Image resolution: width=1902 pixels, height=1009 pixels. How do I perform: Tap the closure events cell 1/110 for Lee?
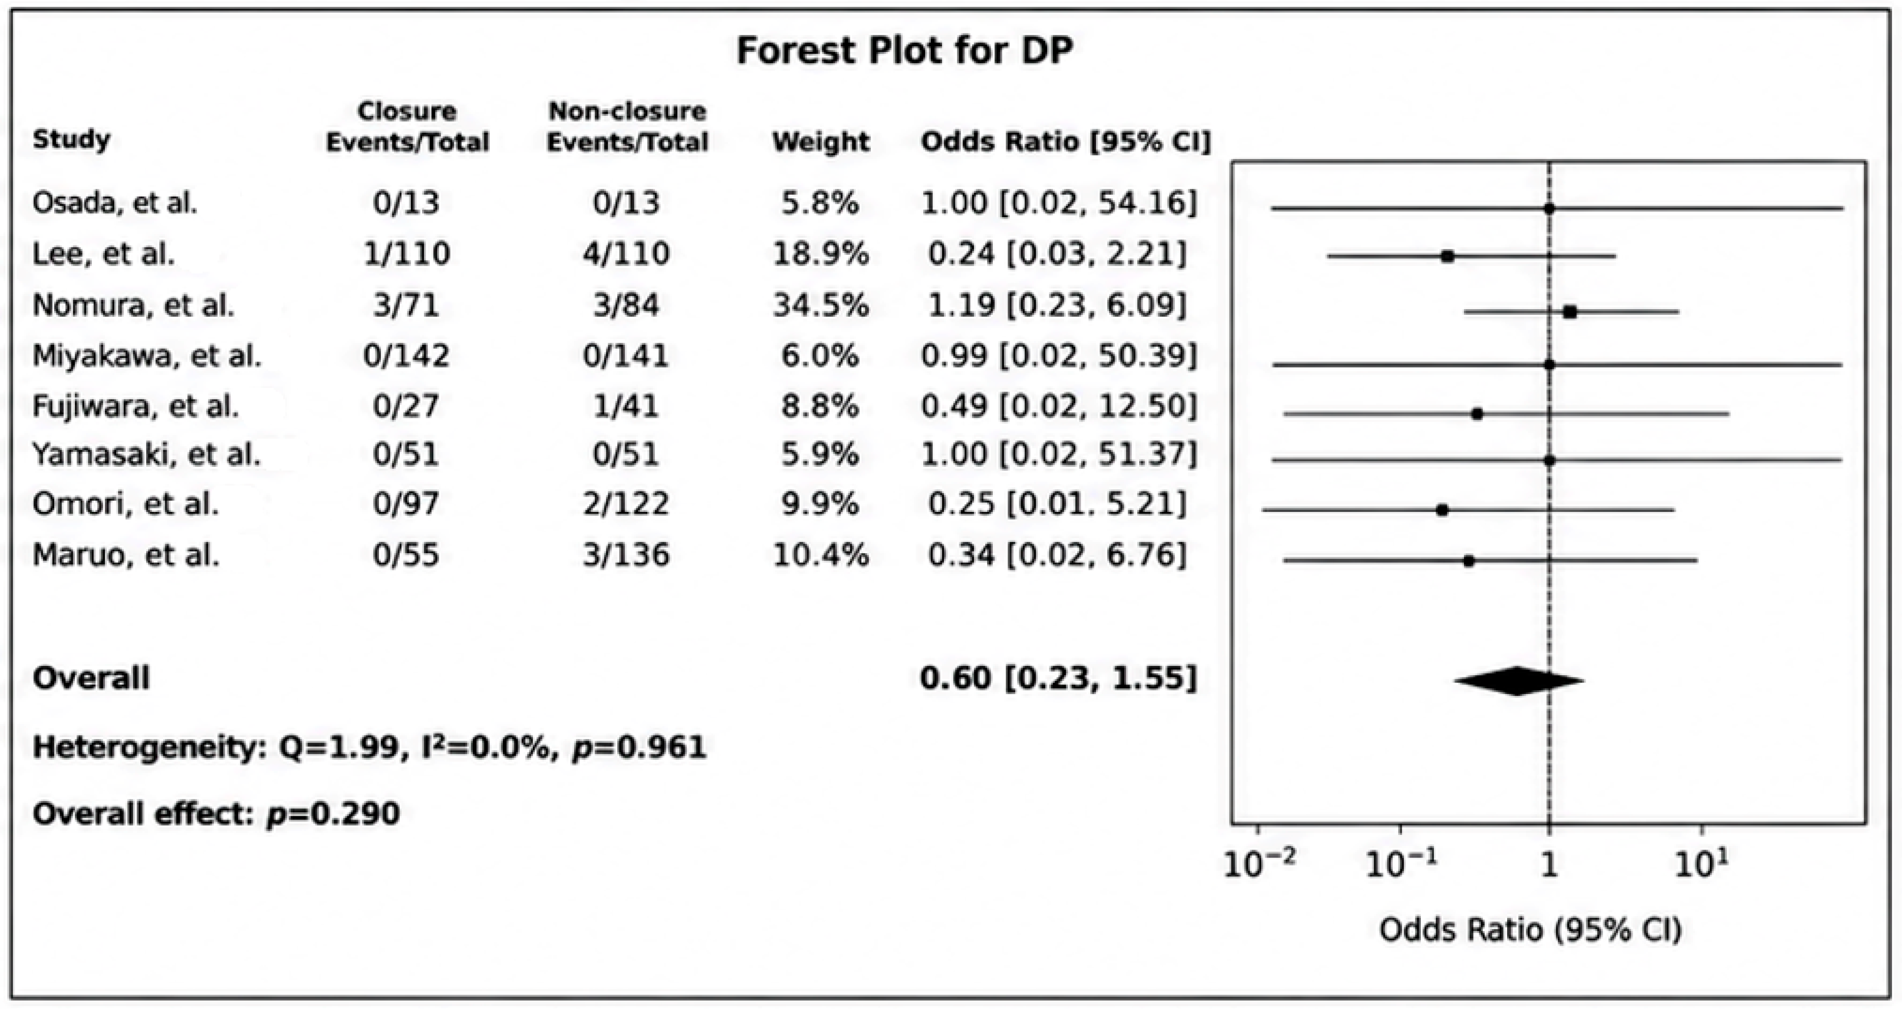point(406,254)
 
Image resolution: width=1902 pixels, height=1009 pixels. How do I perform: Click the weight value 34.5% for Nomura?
point(820,305)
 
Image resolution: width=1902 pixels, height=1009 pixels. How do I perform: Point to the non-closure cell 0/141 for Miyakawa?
point(626,356)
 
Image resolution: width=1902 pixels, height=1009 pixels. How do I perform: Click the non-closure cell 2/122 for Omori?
point(626,504)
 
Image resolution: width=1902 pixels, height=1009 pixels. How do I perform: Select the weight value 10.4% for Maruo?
point(820,555)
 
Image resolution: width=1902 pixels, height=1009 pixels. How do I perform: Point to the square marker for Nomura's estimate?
point(1570,312)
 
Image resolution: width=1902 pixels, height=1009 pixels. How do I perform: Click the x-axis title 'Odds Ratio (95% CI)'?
point(1531,930)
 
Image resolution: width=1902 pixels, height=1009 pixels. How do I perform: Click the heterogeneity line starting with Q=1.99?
point(370,748)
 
